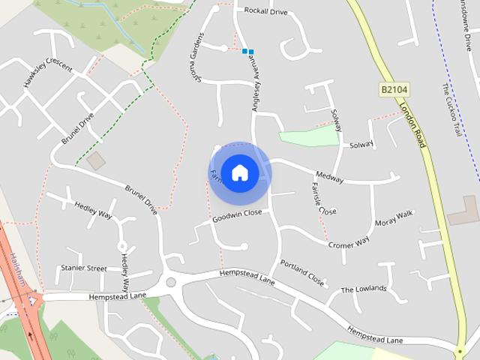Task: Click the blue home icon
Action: pyautogui.click(x=239, y=172)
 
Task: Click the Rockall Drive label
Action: pyautogui.click(x=265, y=11)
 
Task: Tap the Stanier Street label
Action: pyautogui.click(x=83, y=268)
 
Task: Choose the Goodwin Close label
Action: pyautogui.click(x=237, y=214)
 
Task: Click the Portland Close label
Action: pyautogui.click(x=301, y=273)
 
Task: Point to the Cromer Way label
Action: pyautogui.click(x=349, y=242)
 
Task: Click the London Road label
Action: pyautogui.click(x=412, y=124)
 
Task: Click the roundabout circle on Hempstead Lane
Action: pyautogui.click(x=171, y=282)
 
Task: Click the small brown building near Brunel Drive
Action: pyautogui.click(x=96, y=160)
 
